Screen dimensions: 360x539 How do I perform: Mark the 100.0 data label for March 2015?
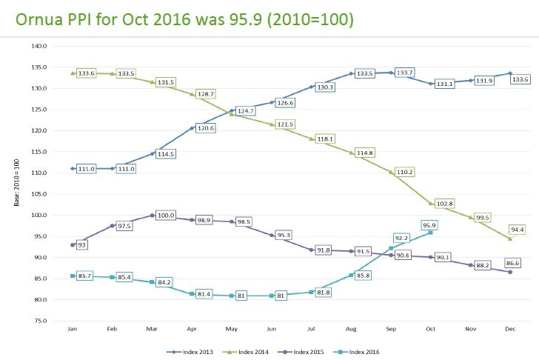[x=167, y=216]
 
